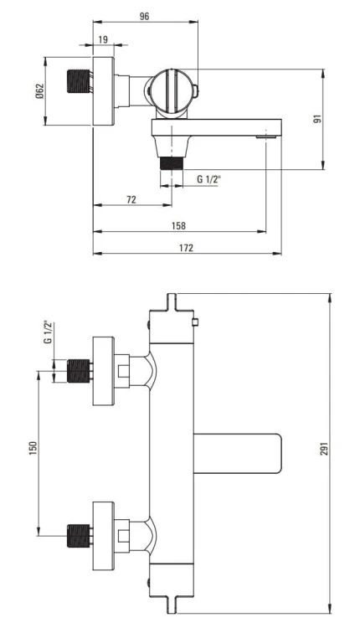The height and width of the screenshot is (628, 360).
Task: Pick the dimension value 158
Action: [x=179, y=225]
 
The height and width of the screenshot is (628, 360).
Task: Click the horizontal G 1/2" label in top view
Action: [x=210, y=179]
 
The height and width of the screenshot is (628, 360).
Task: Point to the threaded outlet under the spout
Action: [x=172, y=161]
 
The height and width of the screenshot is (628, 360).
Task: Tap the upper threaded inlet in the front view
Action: [x=78, y=370]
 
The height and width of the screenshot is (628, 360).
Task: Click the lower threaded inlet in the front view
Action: [x=78, y=533]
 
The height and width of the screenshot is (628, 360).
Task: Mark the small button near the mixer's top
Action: [x=194, y=322]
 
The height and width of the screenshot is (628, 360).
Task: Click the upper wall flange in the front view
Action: [x=103, y=370]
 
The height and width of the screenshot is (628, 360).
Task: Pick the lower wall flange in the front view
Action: [x=103, y=533]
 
